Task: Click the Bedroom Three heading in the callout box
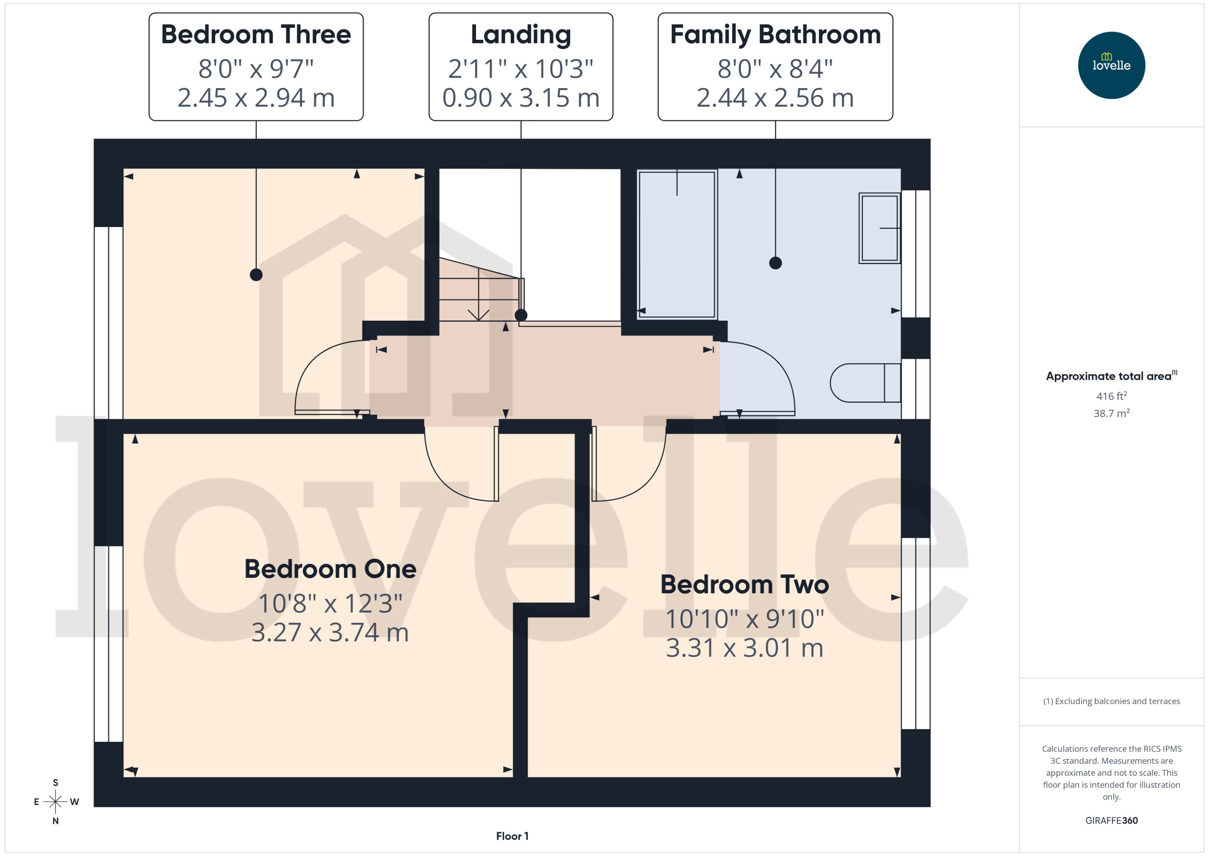256,35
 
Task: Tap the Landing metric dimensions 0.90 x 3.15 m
521,98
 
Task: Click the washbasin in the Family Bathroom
879,228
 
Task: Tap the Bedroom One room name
330,569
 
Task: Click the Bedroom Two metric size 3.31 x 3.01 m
744,648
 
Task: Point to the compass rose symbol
55,802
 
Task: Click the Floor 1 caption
512,836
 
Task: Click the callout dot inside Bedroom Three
256,275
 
